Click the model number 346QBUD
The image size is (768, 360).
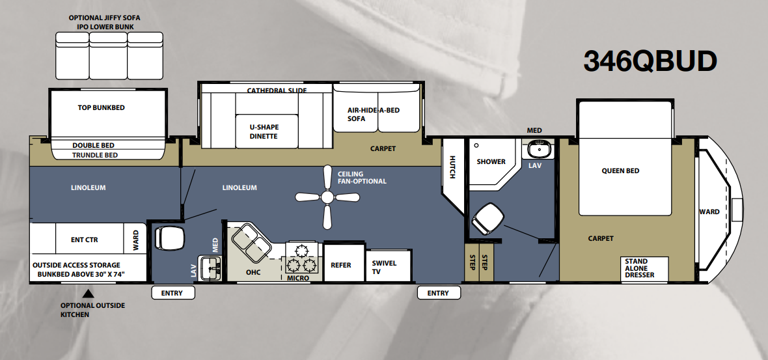[650, 62]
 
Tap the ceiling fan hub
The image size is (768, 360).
[327, 197]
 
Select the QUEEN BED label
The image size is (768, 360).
[620, 171]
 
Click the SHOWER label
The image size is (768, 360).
[491, 161]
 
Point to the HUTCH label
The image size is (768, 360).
[452, 167]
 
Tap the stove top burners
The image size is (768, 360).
[301, 259]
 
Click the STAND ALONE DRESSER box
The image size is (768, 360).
[644, 269]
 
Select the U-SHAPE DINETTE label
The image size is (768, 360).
[264, 132]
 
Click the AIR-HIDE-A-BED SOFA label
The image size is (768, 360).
[373, 114]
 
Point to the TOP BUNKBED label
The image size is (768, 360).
[102, 108]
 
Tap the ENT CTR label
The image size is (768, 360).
[84, 240]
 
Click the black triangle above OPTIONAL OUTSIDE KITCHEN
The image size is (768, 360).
[88, 294]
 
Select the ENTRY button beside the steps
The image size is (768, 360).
[439, 293]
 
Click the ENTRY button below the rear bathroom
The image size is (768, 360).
[172, 293]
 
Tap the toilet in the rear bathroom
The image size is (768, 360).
[169, 238]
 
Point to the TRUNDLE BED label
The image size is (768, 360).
[95, 156]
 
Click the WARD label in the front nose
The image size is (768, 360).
[709, 212]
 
